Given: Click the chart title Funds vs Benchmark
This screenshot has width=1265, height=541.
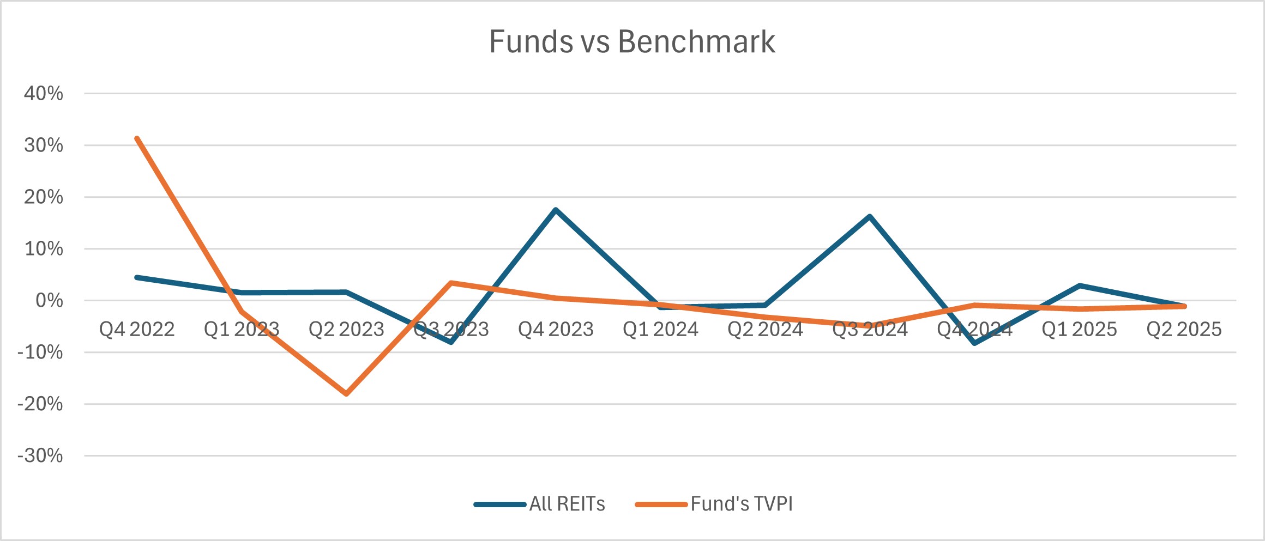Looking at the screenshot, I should (632, 41).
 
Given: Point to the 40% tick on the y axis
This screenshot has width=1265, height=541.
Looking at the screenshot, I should (44, 94).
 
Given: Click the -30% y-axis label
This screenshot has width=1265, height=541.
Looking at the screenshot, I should (40, 455).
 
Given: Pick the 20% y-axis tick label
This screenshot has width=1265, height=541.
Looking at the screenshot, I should (44, 197).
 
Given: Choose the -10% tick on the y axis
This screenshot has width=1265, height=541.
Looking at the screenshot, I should (40, 352).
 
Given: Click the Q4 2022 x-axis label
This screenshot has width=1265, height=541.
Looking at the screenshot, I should (137, 329).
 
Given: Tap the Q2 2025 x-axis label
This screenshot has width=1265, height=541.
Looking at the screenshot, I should (1184, 329).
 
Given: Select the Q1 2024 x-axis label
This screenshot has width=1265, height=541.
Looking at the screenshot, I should (660, 329).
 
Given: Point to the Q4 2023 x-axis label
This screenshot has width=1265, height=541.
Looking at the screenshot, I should (556, 329).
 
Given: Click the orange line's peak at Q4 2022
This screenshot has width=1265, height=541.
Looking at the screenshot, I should (137, 138).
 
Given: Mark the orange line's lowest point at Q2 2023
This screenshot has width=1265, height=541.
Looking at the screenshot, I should (346, 393).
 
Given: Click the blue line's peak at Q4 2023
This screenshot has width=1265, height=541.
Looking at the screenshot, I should (556, 210).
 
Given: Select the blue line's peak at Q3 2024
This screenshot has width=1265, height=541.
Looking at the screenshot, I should (870, 216).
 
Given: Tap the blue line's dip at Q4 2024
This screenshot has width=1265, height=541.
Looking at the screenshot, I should (974, 343).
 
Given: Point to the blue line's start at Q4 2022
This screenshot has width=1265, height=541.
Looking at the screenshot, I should (137, 277).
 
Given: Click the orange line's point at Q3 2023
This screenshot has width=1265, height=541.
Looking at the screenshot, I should (451, 283).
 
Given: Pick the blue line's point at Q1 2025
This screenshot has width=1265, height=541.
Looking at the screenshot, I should (1079, 285).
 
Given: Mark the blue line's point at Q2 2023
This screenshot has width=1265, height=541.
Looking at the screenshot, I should (346, 292).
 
